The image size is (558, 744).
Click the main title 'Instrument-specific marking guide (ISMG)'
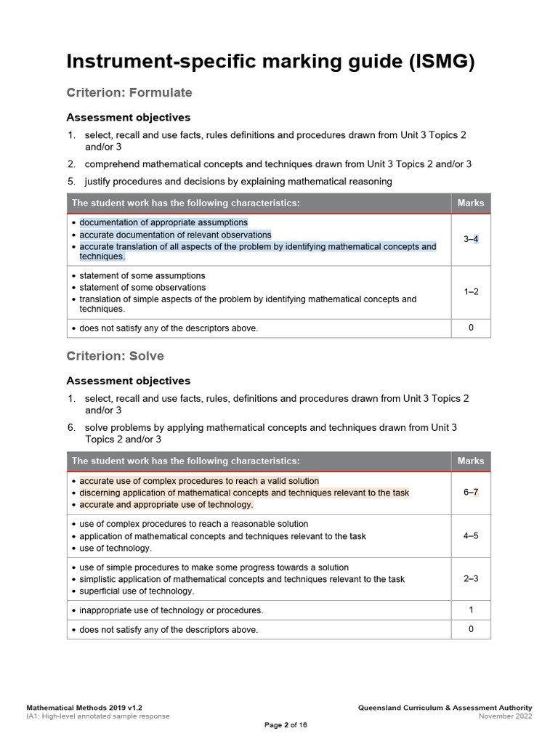tap(270, 62)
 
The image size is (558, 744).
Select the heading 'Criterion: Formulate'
tap(129, 92)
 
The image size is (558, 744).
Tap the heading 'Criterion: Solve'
tap(115, 356)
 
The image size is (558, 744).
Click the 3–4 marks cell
tap(471, 239)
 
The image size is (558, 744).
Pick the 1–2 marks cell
tap(471, 291)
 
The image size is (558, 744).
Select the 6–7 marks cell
tap(471, 492)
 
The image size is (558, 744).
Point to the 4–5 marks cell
tap(471, 535)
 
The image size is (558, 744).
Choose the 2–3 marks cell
tap(471, 578)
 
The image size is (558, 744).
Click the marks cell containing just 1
tap(471, 610)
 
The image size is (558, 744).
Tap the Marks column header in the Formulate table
tap(471, 203)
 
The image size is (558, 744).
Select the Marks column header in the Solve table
tap(471, 461)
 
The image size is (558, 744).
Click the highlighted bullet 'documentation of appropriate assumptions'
tap(163, 222)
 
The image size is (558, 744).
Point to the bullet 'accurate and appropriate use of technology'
tap(166, 504)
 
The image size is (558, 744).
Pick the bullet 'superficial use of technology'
tap(137, 591)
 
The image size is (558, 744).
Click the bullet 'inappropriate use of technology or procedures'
tap(171, 610)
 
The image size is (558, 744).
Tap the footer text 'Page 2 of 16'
tap(286, 725)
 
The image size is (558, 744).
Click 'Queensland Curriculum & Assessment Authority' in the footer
tap(445, 708)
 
